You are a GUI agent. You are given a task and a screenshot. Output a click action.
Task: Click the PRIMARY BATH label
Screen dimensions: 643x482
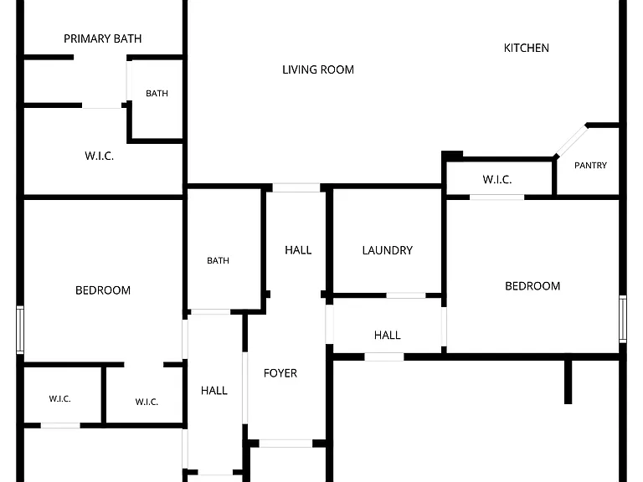coord(102,38)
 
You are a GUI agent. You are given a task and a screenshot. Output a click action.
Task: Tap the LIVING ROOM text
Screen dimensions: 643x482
coord(318,69)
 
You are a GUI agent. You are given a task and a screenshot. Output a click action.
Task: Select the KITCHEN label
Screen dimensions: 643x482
coord(526,48)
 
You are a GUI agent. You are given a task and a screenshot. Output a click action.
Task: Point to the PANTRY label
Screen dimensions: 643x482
coord(590,165)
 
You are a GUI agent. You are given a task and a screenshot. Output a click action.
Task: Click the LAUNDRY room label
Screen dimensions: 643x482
coord(387,250)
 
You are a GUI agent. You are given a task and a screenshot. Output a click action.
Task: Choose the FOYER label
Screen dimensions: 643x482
coord(280,373)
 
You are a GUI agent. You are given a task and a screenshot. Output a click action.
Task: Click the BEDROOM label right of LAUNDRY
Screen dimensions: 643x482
coord(532,286)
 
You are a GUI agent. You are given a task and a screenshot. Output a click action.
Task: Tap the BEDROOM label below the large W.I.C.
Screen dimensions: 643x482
coord(103,290)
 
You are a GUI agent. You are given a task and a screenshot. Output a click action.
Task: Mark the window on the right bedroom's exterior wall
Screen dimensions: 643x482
coord(623,319)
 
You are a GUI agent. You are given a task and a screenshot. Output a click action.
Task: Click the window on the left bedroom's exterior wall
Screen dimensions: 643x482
coord(20,330)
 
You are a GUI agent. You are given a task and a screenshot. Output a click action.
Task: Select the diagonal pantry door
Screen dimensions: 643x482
coord(571,141)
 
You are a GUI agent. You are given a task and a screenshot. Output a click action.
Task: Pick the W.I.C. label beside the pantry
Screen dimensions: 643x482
coord(497,180)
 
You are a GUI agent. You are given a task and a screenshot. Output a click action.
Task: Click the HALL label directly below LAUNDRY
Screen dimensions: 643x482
coord(387,336)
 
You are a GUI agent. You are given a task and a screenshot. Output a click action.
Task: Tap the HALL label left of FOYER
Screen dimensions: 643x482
coord(214,391)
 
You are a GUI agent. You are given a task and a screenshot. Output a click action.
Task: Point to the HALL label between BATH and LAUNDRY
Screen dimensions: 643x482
coord(298,250)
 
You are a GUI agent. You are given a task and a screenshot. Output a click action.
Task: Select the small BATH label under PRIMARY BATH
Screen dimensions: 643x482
coord(157,94)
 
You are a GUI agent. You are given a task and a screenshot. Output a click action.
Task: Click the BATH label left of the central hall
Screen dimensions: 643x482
coord(218,261)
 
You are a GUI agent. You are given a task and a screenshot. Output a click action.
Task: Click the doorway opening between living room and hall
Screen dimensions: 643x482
coord(296,187)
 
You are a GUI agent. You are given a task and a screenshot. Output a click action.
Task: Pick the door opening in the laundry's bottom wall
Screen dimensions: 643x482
coord(406,295)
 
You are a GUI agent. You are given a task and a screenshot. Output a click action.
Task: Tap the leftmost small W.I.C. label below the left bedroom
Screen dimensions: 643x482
coord(60,399)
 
